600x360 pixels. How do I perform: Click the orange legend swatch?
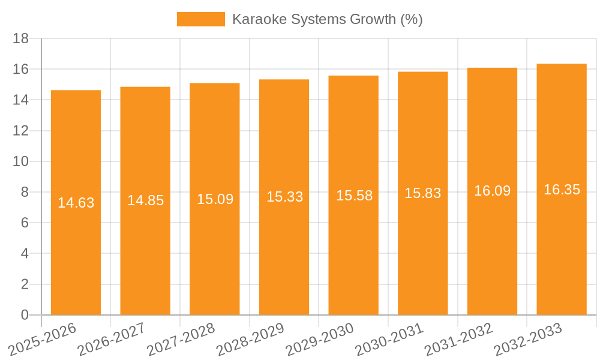pyautogui.click(x=200, y=19)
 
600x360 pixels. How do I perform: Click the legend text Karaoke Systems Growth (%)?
pyautogui.click(x=327, y=19)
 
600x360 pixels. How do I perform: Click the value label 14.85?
pyautogui.click(x=145, y=200)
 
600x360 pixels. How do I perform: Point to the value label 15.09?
pyautogui.click(x=215, y=199)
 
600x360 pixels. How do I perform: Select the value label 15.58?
pyautogui.click(x=354, y=196)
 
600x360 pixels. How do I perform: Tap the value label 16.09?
pyautogui.click(x=492, y=191)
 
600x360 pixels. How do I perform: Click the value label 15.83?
pyautogui.click(x=422, y=193)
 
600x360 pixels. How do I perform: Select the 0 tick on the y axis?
pyautogui.click(x=25, y=315)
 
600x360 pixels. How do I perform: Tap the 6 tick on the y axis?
pyautogui.click(x=25, y=223)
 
